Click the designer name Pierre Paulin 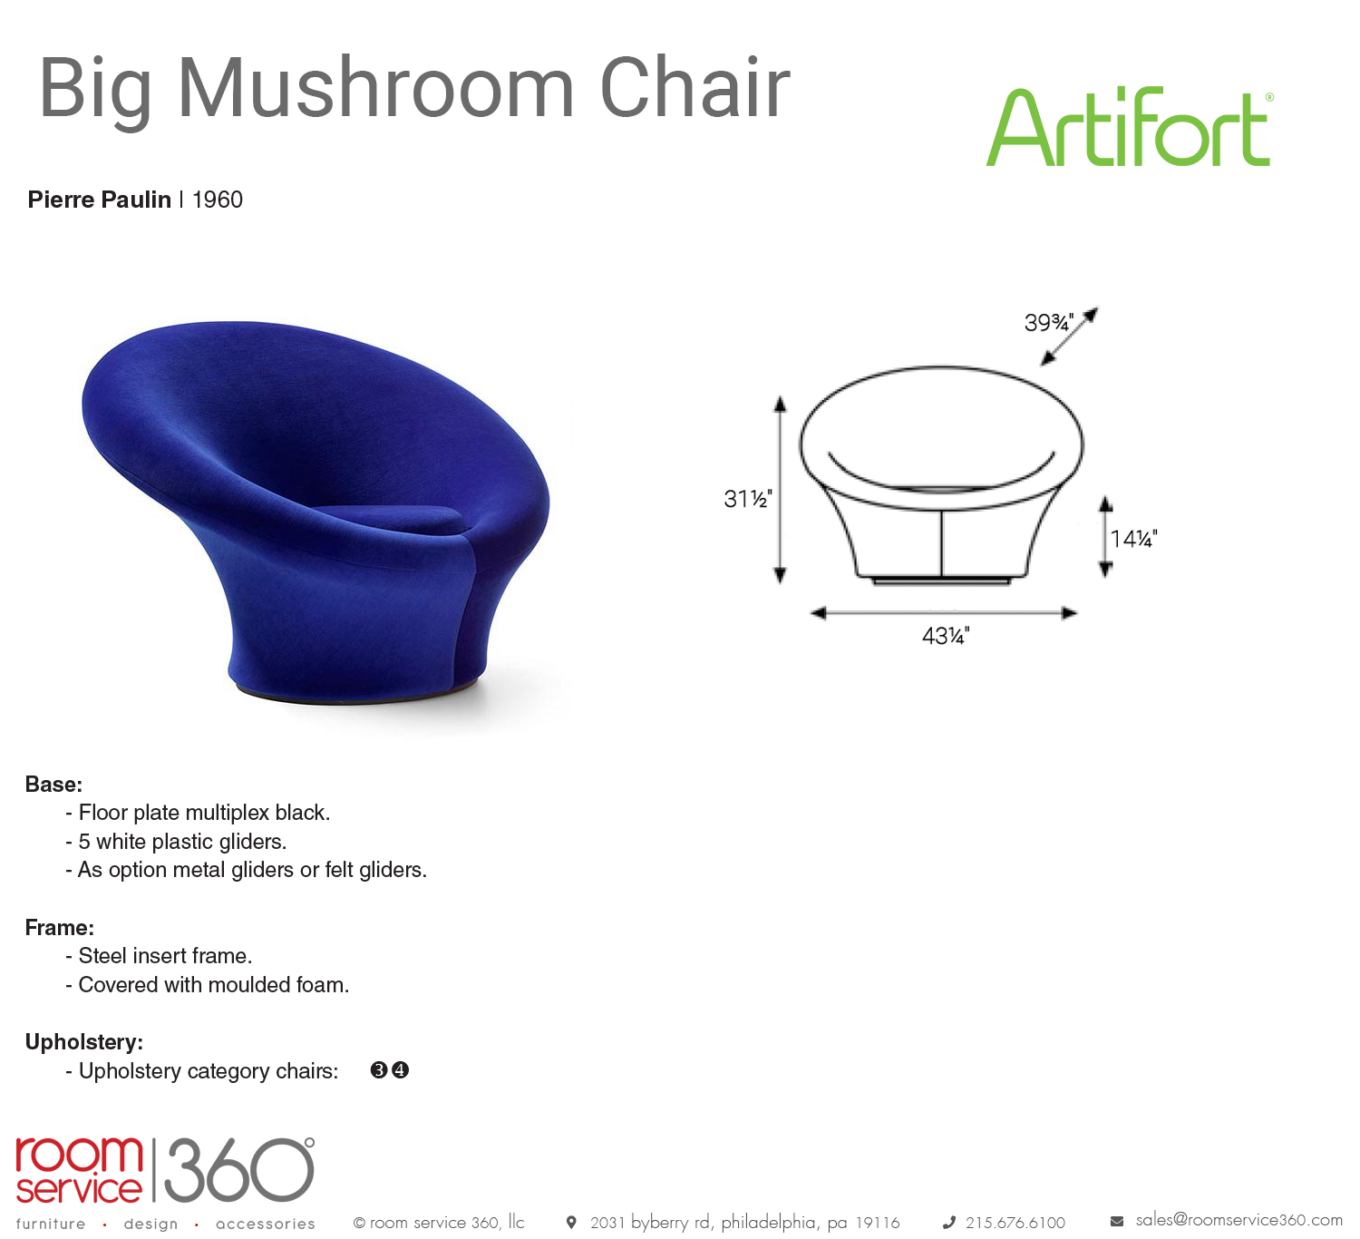pos(99,200)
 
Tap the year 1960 pos(217,200)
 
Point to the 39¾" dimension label pos(1049,322)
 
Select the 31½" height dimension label pos(747,499)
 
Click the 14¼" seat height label pos(1133,539)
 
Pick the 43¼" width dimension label pos(946,636)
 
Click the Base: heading pos(53,785)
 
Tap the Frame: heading pos(60,928)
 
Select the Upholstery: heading pos(84,1041)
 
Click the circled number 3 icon pos(379,1070)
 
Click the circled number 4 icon pos(401,1070)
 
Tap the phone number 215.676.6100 pos(1015,1223)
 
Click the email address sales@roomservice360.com pos(1239,1220)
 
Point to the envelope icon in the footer pos(1117,1222)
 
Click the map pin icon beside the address pos(571,1222)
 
